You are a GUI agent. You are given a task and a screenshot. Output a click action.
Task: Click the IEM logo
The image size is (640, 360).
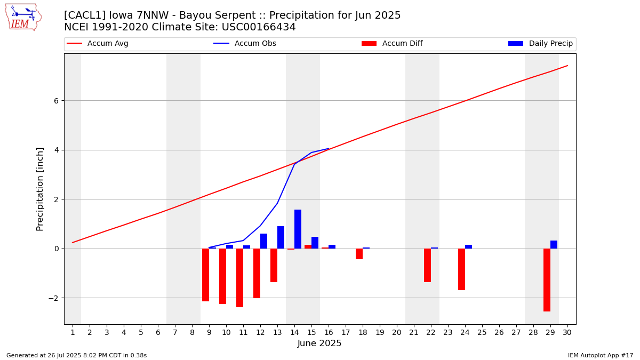(23, 17)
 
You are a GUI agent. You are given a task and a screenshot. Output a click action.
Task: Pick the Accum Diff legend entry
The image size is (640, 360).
(392, 44)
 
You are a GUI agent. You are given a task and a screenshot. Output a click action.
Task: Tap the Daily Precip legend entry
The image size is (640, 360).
(540, 44)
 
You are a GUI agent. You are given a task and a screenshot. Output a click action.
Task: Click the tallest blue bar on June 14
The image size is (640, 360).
(298, 229)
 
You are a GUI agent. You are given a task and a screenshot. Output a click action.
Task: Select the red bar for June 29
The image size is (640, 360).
(547, 279)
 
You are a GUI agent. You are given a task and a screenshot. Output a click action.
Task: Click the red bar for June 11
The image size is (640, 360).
(239, 277)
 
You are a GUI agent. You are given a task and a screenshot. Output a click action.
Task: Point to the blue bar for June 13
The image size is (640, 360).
(281, 237)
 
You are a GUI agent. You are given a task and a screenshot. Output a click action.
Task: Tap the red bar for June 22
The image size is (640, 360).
(427, 265)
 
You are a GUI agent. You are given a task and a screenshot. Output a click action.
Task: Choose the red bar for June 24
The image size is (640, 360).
(461, 269)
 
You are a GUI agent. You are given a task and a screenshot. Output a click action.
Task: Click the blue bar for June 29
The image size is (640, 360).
(554, 245)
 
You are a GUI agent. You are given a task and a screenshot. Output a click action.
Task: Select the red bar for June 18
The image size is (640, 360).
(359, 254)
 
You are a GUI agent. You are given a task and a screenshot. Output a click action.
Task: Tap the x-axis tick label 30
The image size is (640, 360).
(567, 333)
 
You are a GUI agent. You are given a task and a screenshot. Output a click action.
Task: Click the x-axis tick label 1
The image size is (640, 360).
(73, 333)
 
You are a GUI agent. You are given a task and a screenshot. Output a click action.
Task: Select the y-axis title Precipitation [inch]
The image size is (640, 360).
(40, 189)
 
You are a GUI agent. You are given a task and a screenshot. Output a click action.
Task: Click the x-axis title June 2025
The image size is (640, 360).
(319, 343)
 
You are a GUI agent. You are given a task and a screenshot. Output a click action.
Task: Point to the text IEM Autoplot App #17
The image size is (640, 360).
(601, 355)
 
